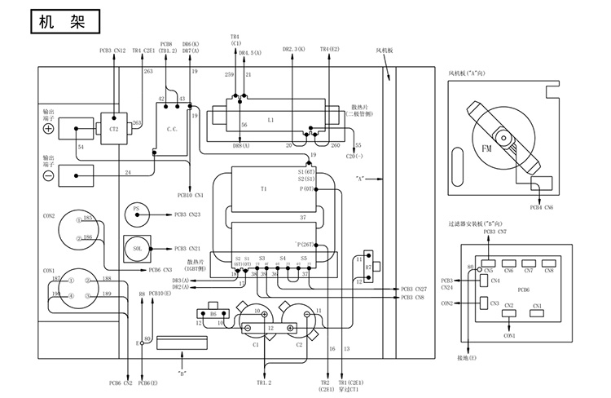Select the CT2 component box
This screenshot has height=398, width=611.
click(112, 128)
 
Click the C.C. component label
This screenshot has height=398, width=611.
click(173, 129)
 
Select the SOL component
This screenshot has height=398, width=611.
click(138, 246)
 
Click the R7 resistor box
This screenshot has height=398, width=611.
click(367, 267)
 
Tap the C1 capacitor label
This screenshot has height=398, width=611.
click(255, 345)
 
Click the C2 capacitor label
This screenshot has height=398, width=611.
click(299, 345)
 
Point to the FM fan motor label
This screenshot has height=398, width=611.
click(486, 149)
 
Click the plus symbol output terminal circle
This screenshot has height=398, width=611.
click(48, 129)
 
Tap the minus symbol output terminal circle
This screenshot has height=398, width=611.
click(48, 175)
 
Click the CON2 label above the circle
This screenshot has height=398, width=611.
click(49, 216)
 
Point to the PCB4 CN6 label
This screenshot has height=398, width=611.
click(541, 208)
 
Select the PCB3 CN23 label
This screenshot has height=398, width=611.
click(187, 214)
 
